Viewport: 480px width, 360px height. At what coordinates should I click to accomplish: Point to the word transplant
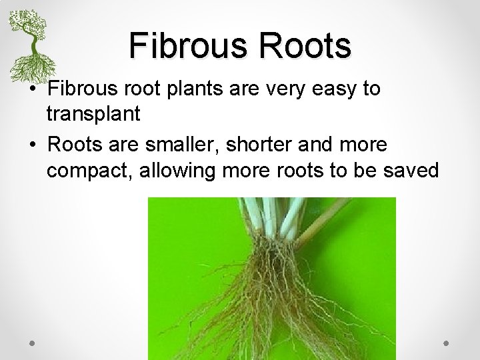point(93,115)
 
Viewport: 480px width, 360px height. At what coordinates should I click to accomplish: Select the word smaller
point(189,145)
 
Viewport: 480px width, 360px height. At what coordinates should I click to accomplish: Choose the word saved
point(411,171)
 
